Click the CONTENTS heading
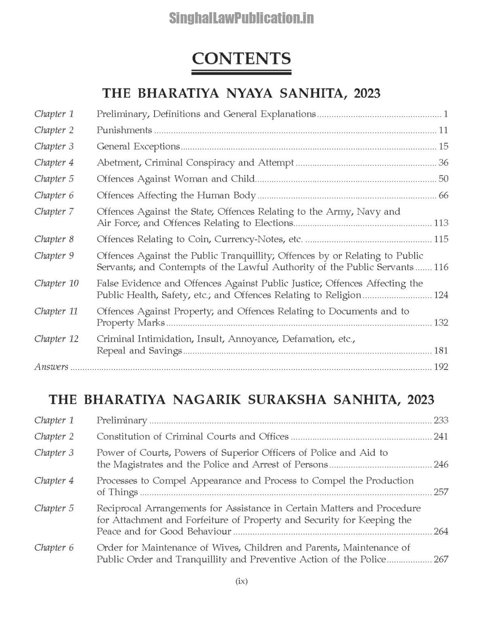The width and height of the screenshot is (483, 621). (241, 59)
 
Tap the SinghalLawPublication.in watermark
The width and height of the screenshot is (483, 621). (241, 18)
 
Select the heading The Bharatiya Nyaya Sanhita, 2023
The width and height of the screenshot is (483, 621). (241, 93)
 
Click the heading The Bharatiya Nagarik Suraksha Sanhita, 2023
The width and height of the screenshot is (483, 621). (241, 400)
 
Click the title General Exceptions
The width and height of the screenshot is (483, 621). (138, 146)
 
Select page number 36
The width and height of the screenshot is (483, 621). (443, 163)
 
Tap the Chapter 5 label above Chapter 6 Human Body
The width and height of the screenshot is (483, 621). (54, 179)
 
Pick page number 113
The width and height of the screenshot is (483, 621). (441, 223)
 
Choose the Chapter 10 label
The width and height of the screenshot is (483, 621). (56, 283)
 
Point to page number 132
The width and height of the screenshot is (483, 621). (441, 323)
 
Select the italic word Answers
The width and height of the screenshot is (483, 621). (51, 367)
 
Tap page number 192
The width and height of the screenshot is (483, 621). (441, 367)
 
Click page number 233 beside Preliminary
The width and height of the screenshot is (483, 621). (441, 420)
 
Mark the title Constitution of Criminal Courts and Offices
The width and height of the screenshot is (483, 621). (193, 437)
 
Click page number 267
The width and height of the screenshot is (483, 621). (441, 560)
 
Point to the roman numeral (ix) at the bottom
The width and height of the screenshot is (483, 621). (241, 581)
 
